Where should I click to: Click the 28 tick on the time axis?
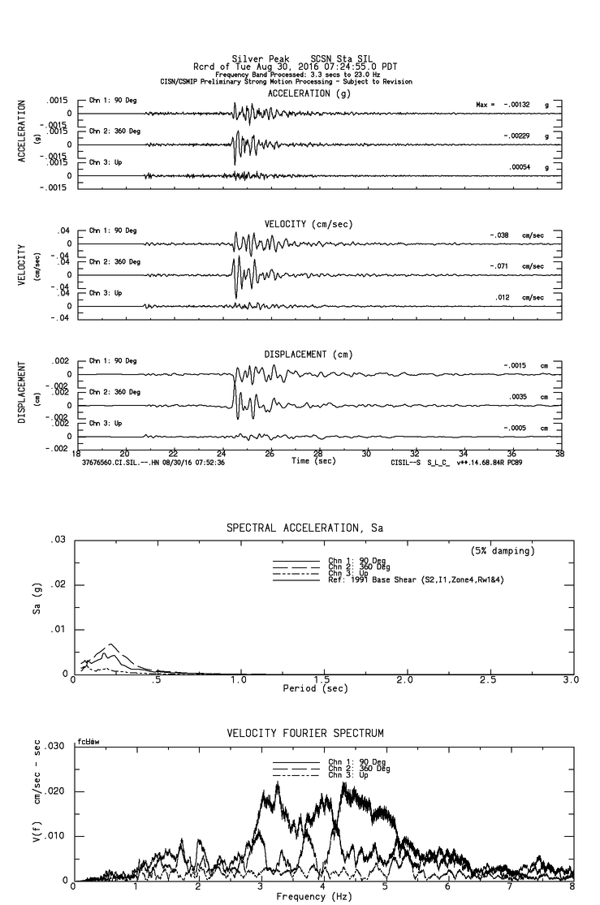tap(318, 454)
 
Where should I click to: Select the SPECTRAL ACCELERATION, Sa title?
tap(304, 528)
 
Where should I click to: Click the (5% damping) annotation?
tap(503, 551)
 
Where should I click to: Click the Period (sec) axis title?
tap(315, 688)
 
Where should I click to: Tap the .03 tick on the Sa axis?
tap(58, 540)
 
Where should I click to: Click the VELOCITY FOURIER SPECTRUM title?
tap(304, 734)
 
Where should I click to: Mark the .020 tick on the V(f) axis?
tap(54, 791)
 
